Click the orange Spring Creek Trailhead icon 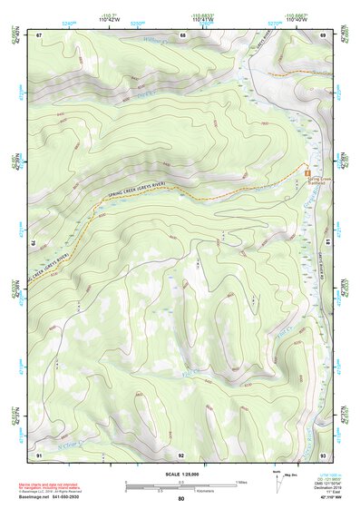click(x=308, y=171)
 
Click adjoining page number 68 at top click(x=182, y=34)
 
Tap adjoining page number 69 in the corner click(x=323, y=34)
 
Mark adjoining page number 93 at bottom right click(x=323, y=453)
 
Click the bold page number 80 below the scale click(x=181, y=498)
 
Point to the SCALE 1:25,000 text click(x=181, y=474)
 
